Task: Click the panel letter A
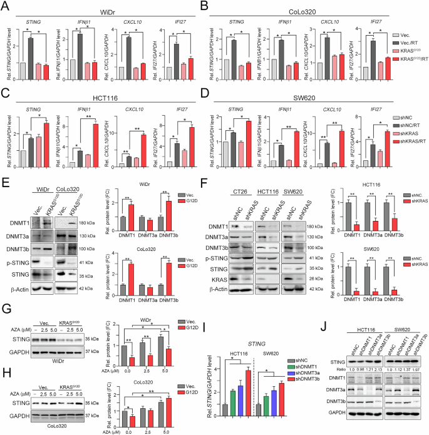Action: pyautogui.click(x=6, y=6)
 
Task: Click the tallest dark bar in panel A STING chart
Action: pyautogui.click(x=29, y=51)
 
